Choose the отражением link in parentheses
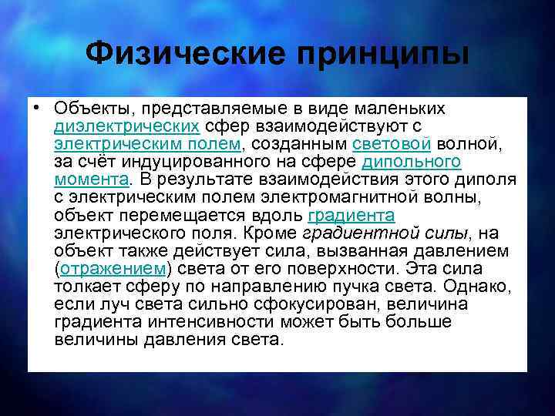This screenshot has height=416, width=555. click(x=113, y=267)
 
